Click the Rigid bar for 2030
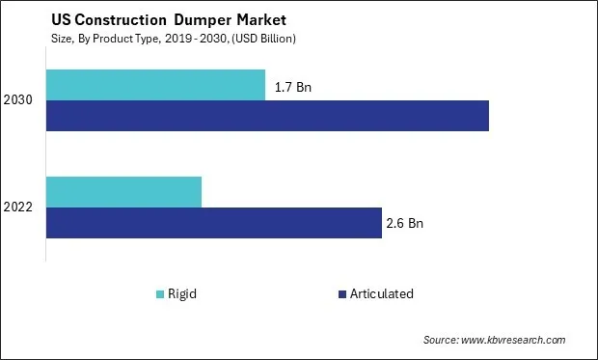point(155,85)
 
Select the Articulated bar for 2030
point(267,116)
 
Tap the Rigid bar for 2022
point(123,192)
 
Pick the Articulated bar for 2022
point(213,223)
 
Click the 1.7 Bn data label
point(294,87)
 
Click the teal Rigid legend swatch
point(159,293)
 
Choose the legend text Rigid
point(182,293)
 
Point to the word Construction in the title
point(113,19)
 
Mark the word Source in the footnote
point(441,340)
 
